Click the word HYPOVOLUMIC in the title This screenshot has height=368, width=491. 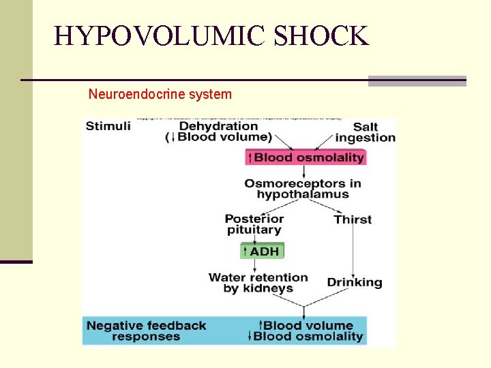click(x=160, y=35)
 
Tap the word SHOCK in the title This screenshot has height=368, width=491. click(x=321, y=35)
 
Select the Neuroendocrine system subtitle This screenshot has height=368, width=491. click(x=160, y=94)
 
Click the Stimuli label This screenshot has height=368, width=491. click(x=108, y=126)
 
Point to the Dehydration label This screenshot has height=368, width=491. click(x=218, y=125)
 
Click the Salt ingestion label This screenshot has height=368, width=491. click(x=366, y=132)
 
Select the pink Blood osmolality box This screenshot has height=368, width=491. click(x=305, y=157)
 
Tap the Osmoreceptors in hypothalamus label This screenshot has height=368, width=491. click(x=303, y=188)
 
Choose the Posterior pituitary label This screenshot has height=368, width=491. click(x=254, y=224)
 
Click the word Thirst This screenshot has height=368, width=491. click(x=353, y=219)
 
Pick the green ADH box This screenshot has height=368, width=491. click(x=261, y=251)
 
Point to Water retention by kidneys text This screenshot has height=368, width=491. click(x=258, y=282)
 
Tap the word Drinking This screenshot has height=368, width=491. click(x=355, y=282)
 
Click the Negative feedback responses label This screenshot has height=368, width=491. click(x=146, y=331)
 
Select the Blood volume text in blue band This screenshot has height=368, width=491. click(x=308, y=325)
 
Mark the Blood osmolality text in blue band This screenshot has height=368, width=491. click(x=308, y=336)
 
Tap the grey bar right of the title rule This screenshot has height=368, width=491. click(x=417, y=81)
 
